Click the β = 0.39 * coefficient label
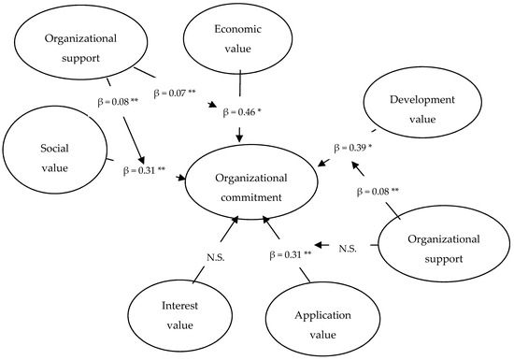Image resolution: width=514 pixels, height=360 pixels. [x=355, y=148]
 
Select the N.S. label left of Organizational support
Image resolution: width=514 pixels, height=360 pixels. [x=348, y=247]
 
